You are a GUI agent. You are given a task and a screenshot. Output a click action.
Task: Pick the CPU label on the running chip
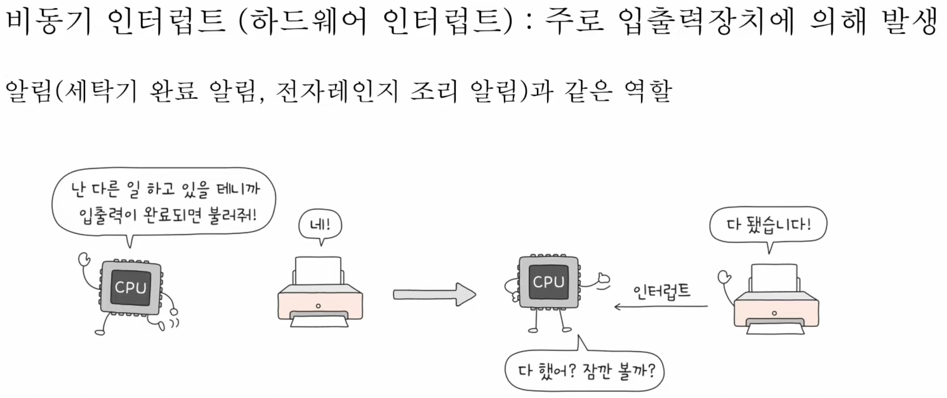pyautogui.click(x=130, y=288)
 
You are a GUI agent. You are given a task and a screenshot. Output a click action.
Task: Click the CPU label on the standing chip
pyautogui.click(x=548, y=282)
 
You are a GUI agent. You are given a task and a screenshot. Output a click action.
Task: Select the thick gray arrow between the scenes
pyautogui.click(x=434, y=294)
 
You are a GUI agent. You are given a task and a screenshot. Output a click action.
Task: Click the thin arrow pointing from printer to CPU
pyautogui.click(x=660, y=307)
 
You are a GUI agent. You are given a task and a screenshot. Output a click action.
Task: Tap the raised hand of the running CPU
pyautogui.click(x=83, y=259)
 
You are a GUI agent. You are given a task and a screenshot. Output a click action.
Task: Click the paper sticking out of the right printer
pyautogui.click(x=774, y=278)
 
